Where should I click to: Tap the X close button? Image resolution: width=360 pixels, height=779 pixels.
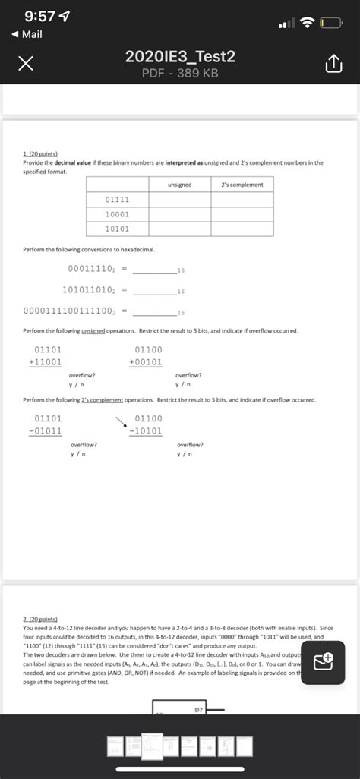pos(26,66)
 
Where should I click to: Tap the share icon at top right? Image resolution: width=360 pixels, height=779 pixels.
pos(334,66)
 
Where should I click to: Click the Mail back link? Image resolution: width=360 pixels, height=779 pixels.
pos(27,34)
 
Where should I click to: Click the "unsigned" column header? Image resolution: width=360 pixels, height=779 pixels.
pos(179,184)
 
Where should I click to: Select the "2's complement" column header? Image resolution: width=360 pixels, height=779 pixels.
pos(242,184)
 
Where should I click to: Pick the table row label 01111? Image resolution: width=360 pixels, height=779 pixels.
pos(117,200)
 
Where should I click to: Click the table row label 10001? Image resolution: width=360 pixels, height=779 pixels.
pos(117,214)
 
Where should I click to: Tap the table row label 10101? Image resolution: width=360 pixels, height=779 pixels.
pos(117,229)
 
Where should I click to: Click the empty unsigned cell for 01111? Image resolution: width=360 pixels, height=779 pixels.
pos(179,200)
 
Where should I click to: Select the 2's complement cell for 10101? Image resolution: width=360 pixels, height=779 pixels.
pos(242,229)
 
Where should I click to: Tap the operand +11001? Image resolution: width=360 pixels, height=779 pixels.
pos(45,362)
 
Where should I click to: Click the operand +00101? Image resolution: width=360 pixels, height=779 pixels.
pos(145,362)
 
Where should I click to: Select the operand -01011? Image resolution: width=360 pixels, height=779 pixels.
pos(45,431)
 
